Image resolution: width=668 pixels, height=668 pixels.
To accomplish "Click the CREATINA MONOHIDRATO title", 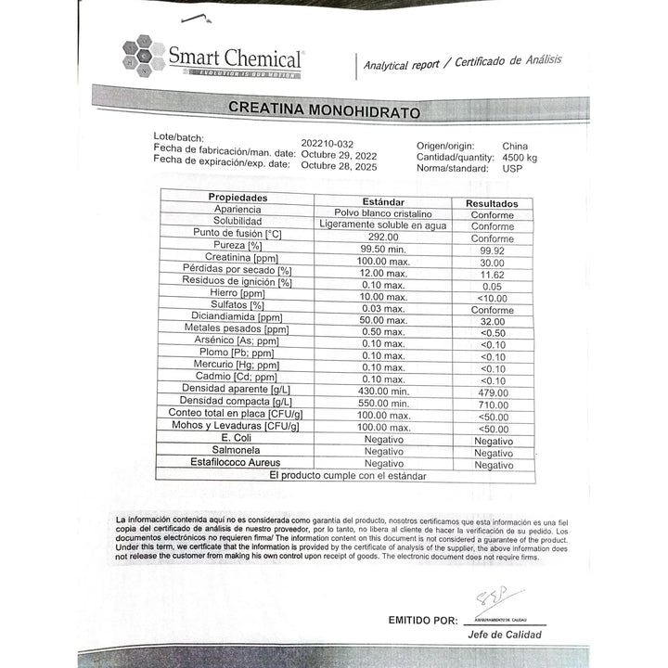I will (324, 109).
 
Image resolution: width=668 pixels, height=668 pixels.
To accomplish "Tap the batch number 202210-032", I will (328, 144).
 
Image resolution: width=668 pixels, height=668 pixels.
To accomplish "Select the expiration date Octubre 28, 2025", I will (339, 165).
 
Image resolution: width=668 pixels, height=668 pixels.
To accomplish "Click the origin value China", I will (515, 146).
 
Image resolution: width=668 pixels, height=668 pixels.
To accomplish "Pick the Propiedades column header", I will (238, 198).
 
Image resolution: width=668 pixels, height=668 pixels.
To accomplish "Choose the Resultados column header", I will (492, 203).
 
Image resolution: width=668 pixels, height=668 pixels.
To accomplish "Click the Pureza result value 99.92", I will (492, 250).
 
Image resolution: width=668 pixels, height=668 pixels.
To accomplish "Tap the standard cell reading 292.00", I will (383, 237).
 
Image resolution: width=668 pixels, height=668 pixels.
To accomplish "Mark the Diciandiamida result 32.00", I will (493, 321).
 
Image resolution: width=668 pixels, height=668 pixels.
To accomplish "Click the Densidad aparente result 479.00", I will (493, 392).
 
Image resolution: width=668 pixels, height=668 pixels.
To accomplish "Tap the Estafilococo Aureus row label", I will (235, 461).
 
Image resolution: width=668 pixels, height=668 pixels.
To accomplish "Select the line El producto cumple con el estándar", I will (348, 475).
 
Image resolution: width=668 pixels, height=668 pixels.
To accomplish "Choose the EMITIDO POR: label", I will (422, 620).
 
